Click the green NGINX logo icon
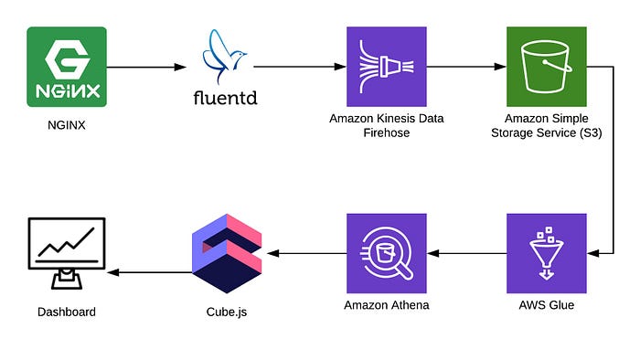(x=67, y=66)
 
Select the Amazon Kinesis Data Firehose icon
(x=386, y=66)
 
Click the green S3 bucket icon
(x=546, y=66)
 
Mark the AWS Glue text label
(x=546, y=305)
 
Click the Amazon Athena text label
(x=386, y=305)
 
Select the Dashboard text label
(x=67, y=312)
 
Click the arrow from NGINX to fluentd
(x=145, y=67)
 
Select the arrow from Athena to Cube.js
(x=305, y=252)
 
